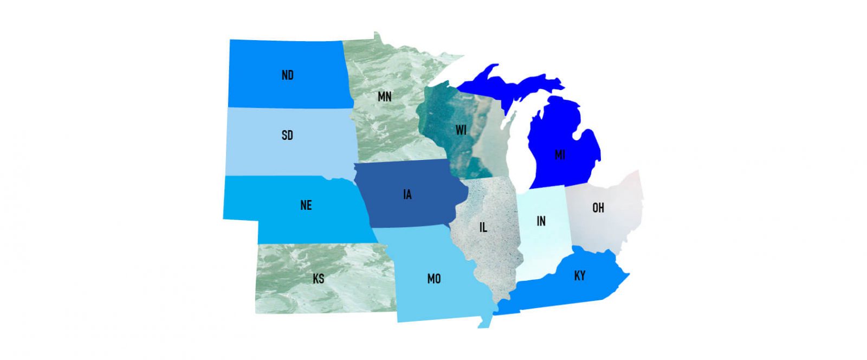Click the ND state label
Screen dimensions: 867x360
click(x=287, y=75)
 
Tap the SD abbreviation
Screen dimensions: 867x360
click(x=287, y=135)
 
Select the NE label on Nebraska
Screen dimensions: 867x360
click(x=306, y=205)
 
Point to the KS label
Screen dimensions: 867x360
click(x=318, y=279)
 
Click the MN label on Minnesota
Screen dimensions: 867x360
click(x=384, y=97)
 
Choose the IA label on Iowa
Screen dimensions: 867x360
click(x=407, y=194)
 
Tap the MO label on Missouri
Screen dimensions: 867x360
click(x=433, y=279)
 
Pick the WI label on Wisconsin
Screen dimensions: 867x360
click(x=461, y=130)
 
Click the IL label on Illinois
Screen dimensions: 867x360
click(x=483, y=227)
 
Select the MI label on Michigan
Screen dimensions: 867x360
click(x=560, y=155)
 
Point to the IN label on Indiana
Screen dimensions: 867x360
click(x=541, y=221)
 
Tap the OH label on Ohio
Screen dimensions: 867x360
click(x=598, y=208)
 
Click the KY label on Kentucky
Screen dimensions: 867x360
click(x=579, y=275)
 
